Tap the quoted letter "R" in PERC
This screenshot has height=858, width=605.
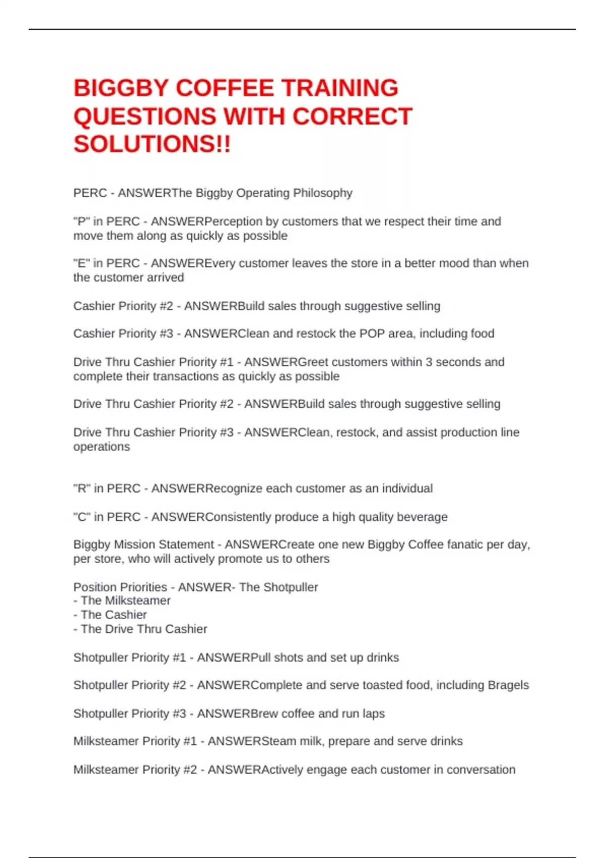(82, 489)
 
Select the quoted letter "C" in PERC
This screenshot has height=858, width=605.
(82, 517)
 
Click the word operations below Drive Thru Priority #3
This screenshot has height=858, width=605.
(101, 447)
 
